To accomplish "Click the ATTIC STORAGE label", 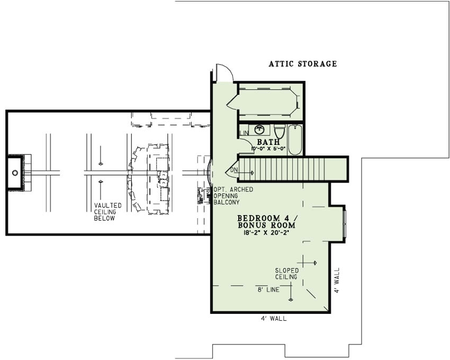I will [302, 64].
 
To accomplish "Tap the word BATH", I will [268, 142].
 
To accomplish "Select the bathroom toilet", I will [280, 130].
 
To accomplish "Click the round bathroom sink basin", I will [259, 129].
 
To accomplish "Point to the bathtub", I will [295, 139].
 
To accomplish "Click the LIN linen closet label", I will [244, 133].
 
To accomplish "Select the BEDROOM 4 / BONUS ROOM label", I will [266, 221].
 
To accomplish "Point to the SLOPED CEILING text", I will [286, 273].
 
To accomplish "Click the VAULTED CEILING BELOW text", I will [108, 211].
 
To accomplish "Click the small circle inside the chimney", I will [15, 173].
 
